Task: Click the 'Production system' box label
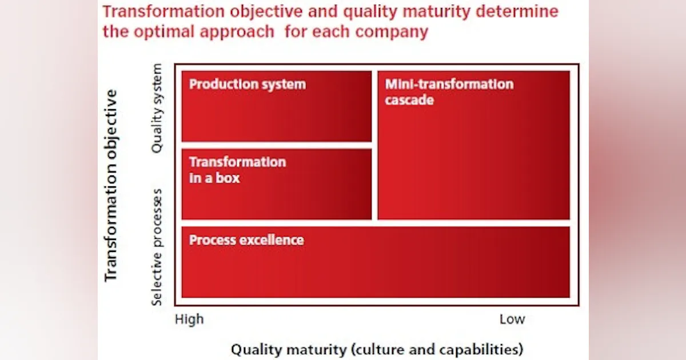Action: [247, 85]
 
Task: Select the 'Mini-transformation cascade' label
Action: [449, 92]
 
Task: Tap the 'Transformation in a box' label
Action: [237, 170]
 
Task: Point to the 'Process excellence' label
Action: [246, 240]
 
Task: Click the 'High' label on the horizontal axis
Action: [189, 319]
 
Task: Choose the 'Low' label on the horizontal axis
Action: [512, 319]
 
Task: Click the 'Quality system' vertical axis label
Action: [157, 108]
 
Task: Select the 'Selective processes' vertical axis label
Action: [158, 246]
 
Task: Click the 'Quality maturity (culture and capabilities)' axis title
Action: [377, 349]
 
